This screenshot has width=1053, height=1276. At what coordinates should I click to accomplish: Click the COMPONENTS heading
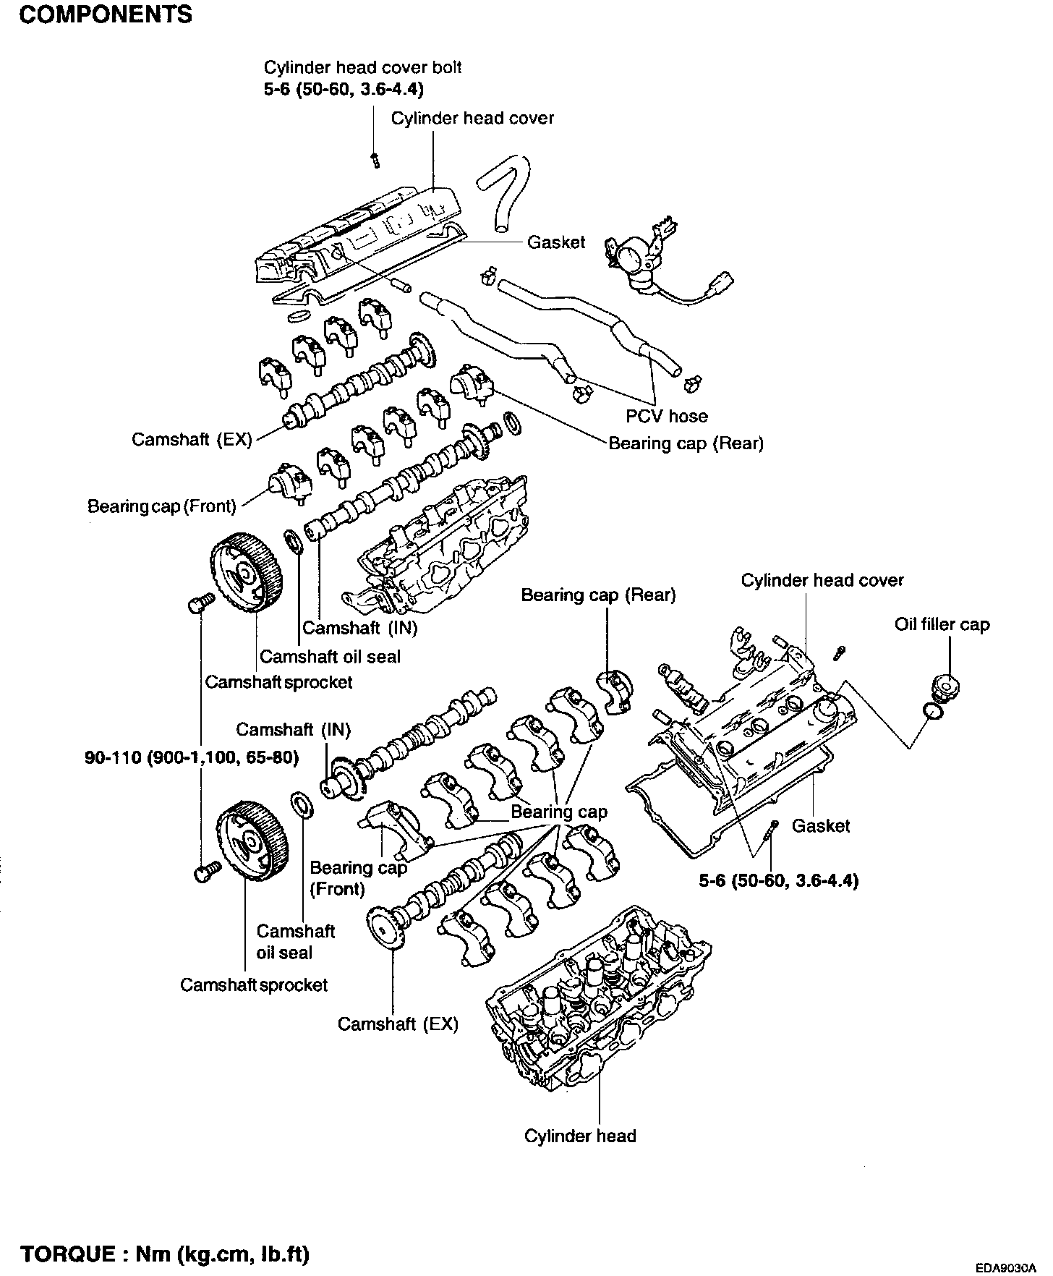(106, 14)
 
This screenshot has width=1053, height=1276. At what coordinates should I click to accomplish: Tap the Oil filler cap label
(942, 624)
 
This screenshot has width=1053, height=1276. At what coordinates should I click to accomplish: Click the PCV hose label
(666, 416)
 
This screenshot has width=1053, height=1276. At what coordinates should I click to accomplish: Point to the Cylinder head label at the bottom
(580, 1136)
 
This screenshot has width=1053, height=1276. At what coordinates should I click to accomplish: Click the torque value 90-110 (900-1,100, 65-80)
(192, 757)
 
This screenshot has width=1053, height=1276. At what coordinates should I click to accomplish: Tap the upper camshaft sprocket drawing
(245, 572)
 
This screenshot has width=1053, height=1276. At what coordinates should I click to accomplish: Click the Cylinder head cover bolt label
(362, 67)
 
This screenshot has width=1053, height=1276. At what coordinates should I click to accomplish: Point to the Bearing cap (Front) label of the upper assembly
(162, 506)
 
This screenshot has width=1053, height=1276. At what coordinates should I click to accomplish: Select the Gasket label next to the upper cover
(555, 242)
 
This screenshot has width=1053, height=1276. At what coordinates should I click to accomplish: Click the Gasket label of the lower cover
(821, 825)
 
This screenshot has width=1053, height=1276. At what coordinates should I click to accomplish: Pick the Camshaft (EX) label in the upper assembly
(192, 440)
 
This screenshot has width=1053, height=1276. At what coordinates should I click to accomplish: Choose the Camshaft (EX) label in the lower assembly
(398, 1024)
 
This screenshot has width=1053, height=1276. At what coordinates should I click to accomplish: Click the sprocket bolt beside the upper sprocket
(200, 603)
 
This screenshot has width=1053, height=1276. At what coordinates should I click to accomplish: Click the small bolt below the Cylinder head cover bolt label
(375, 158)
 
